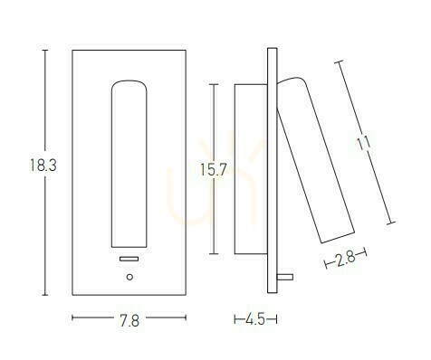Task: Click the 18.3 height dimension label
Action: [x=43, y=166]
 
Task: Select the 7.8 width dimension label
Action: [x=129, y=321]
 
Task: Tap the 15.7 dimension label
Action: [x=213, y=170]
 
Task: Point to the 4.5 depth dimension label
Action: [x=255, y=319]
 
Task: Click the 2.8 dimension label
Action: [x=345, y=259]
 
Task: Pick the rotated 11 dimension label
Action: [x=363, y=143]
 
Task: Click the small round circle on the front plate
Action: [x=129, y=277]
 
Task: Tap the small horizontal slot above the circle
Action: [x=129, y=259]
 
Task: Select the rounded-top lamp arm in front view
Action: [x=129, y=164]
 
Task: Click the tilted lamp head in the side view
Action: [x=315, y=160]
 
